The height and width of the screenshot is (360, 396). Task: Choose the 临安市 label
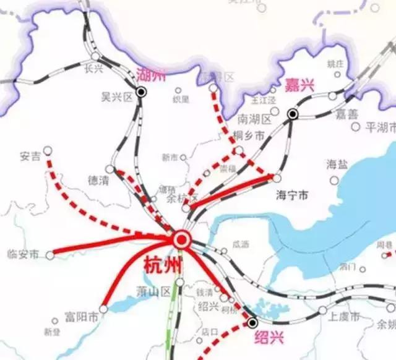click(22, 254)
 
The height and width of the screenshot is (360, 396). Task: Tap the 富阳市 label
click(81, 318)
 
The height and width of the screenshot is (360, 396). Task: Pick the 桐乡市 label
click(249, 135)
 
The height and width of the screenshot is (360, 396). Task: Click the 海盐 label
click(337, 164)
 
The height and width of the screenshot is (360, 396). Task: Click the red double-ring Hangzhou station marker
click(181, 239)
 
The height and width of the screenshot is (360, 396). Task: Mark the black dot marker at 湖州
click(142, 92)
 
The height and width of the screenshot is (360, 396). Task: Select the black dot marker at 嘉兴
click(292, 114)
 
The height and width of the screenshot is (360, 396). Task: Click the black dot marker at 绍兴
click(252, 322)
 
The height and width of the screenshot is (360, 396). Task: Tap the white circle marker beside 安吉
click(48, 150)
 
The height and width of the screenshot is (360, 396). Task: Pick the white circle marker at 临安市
click(50, 255)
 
